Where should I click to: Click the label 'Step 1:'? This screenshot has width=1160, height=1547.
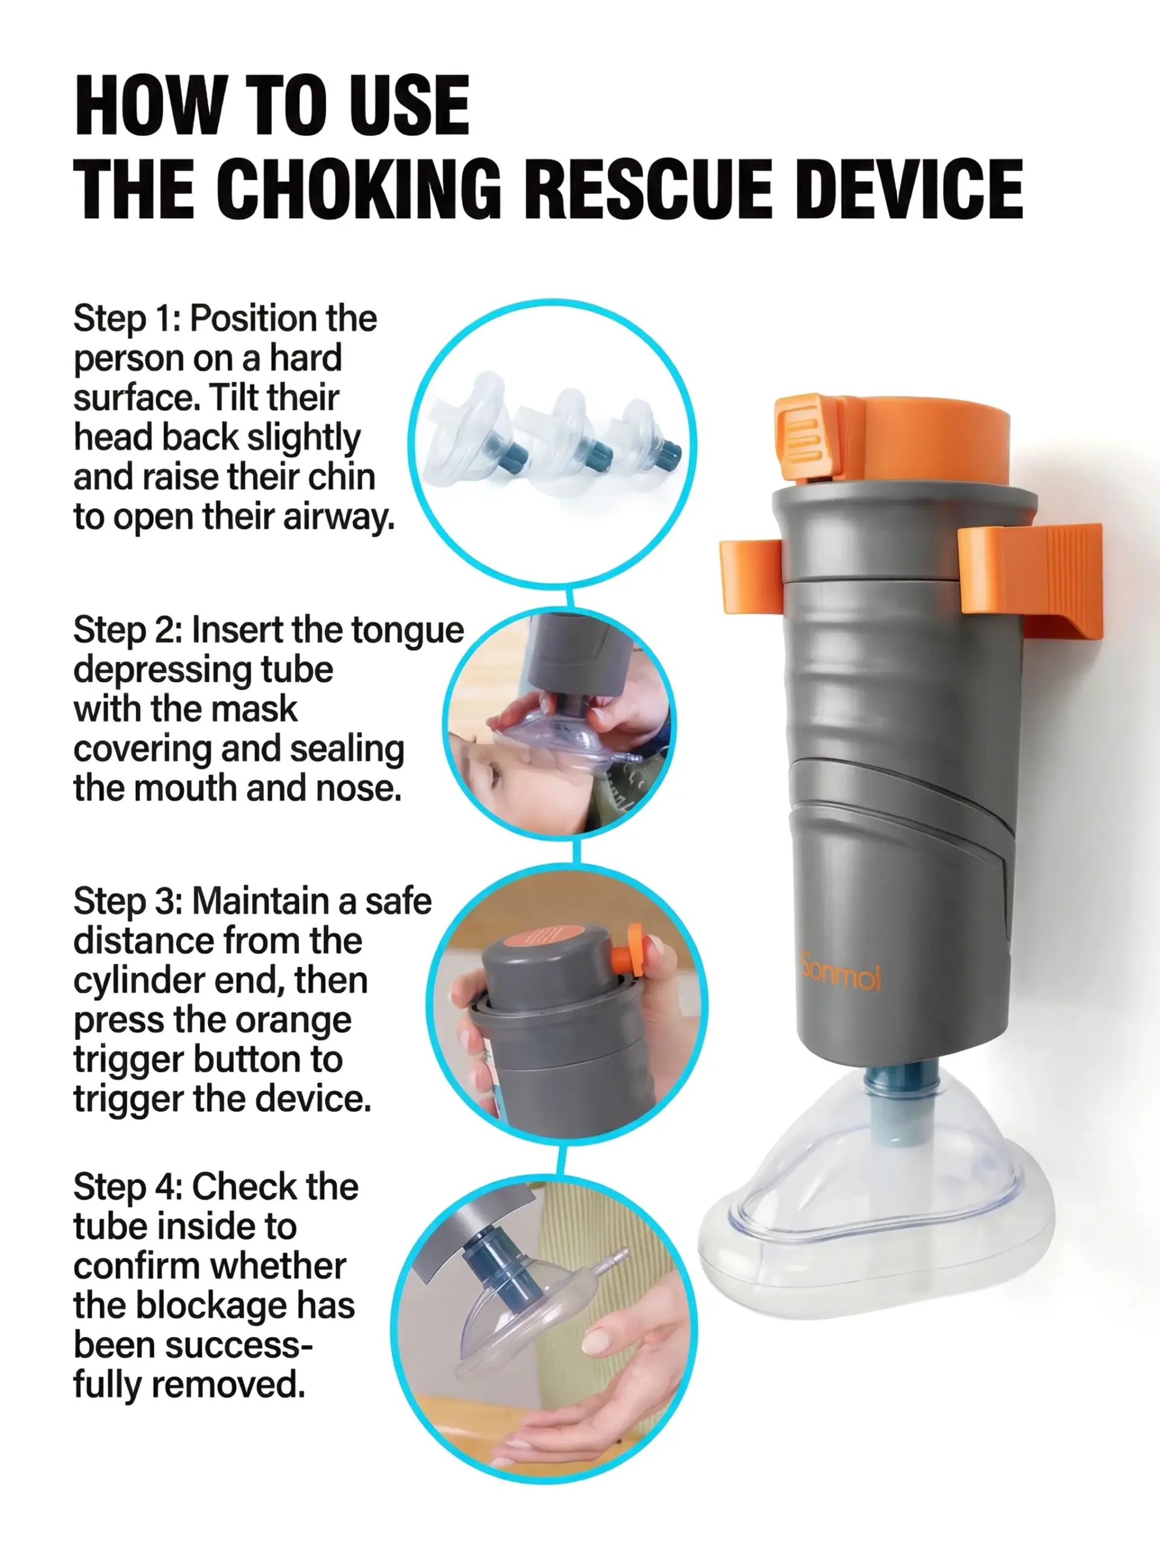[x=127, y=319]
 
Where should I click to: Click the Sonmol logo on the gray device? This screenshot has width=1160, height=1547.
[x=840, y=972]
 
